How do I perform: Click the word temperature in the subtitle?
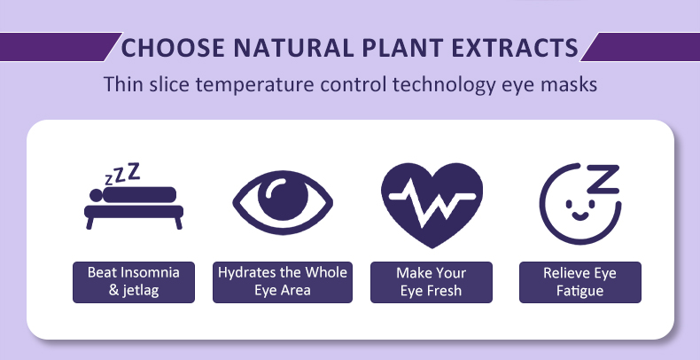[x=258, y=86]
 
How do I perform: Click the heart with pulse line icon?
[x=432, y=195]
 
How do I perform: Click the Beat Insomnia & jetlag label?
[x=134, y=281]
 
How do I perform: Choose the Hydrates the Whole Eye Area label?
[x=283, y=281]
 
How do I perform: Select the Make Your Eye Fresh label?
[x=432, y=281]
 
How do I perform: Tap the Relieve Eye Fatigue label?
[x=579, y=281]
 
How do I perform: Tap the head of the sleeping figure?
[x=95, y=195]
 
